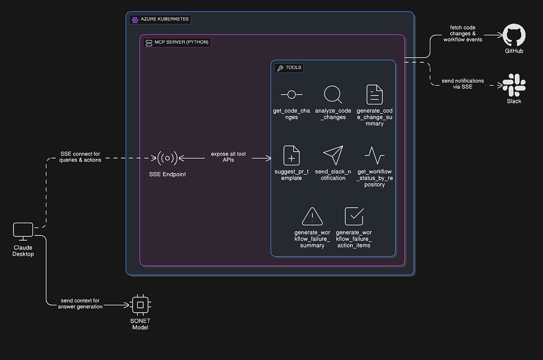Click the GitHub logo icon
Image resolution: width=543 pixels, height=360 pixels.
click(x=514, y=36)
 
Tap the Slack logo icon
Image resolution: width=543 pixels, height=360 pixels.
click(x=514, y=86)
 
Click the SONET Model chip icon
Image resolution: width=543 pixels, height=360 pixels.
click(x=140, y=304)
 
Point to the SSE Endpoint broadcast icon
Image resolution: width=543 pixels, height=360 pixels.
click(x=167, y=158)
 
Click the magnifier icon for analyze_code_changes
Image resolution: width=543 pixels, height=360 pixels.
click(x=333, y=94)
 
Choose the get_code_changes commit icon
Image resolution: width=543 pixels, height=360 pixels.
click(x=291, y=95)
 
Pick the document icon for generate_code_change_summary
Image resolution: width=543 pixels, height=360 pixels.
click(x=374, y=94)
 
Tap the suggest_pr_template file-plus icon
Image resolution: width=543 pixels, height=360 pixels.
click(x=291, y=155)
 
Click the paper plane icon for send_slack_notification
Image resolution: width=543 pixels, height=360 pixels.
click(x=333, y=155)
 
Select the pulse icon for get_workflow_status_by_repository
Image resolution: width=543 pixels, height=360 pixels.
click(x=374, y=155)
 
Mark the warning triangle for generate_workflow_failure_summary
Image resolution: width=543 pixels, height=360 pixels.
click(x=312, y=216)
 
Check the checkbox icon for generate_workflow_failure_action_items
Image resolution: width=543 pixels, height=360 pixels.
click(x=354, y=216)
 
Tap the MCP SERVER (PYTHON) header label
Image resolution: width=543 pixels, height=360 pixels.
click(x=177, y=43)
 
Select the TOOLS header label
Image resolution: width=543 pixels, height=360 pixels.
click(x=289, y=68)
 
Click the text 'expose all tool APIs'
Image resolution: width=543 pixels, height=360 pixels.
click(x=228, y=157)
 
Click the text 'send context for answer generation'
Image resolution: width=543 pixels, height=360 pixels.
click(x=80, y=303)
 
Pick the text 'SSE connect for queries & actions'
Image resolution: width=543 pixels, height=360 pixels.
click(x=80, y=157)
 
